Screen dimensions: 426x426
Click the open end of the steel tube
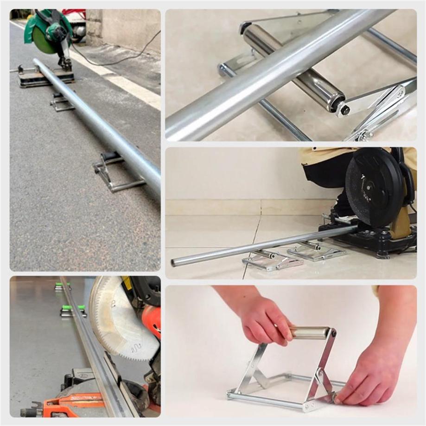tap(174, 263)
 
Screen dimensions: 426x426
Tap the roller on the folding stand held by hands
tap(311, 332)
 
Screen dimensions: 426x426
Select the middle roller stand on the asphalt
tap(62, 102)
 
